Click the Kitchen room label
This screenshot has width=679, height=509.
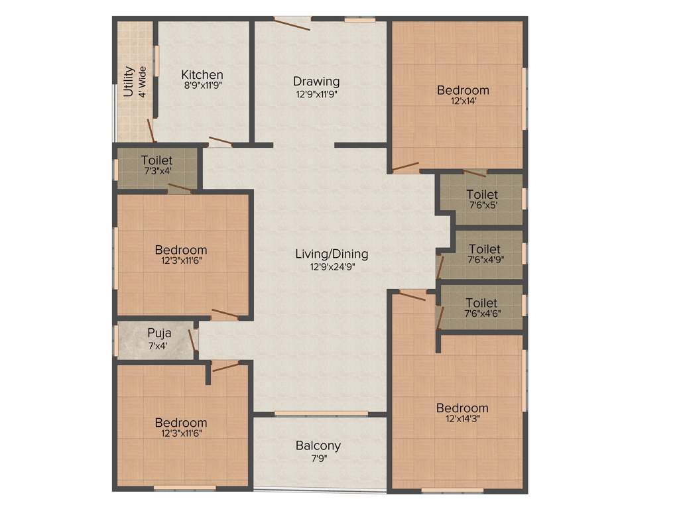[x=202, y=75]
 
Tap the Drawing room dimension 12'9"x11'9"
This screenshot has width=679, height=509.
[x=317, y=94]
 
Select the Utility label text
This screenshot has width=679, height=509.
[x=129, y=82]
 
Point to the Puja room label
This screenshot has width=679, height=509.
[x=159, y=333]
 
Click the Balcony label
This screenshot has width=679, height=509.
[x=318, y=446]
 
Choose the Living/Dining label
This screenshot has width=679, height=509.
[x=332, y=254]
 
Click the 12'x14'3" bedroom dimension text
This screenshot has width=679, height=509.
[x=462, y=419]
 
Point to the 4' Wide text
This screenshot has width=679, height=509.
[x=143, y=82]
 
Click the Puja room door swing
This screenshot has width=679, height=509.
[x=192, y=339]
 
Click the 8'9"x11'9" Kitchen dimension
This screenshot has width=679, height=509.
[x=202, y=85]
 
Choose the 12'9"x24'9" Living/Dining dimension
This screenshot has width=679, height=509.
[x=332, y=266]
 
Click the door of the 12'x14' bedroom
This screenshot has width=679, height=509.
[x=405, y=166]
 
